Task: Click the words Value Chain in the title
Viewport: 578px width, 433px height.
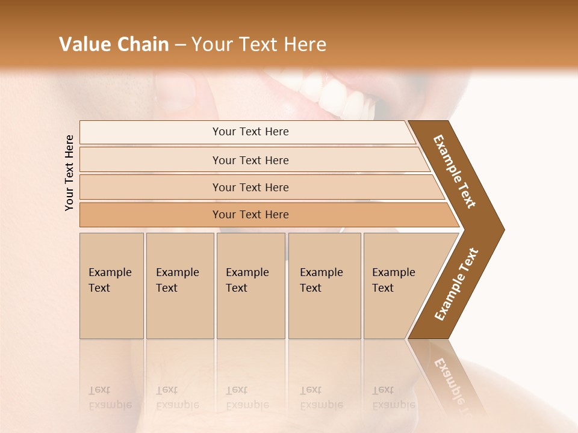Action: pos(114,45)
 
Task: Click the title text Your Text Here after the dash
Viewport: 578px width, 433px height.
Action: pos(259,45)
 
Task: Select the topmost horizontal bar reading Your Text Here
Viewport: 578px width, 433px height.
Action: pos(250,132)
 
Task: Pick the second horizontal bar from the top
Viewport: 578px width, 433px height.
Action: pos(250,160)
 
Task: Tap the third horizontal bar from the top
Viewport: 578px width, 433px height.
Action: pos(250,187)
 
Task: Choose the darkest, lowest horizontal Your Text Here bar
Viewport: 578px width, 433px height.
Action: pos(250,215)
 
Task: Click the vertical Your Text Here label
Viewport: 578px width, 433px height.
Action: pos(69,173)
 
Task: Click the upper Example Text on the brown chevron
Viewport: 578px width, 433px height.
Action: pos(455,171)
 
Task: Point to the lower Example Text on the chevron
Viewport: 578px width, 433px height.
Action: pos(456,284)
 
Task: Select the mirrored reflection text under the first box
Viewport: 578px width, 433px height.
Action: pos(110,398)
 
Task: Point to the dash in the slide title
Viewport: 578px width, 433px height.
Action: pos(180,45)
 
